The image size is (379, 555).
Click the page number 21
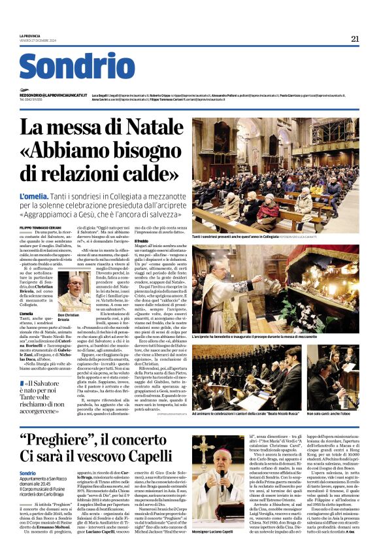pos(354,39)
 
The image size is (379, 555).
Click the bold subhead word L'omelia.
pos(34,196)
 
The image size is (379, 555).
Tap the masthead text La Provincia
pos(29,36)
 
